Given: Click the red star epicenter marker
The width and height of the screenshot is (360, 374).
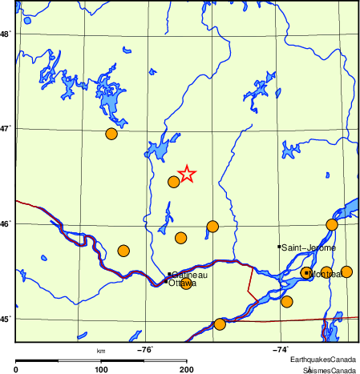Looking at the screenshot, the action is [186, 174].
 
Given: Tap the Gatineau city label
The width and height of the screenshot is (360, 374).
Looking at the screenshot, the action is [189, 275].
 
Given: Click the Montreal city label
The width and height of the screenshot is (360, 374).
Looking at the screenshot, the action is [326, 274].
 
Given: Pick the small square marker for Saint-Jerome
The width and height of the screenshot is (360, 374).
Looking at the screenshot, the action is [279, 247].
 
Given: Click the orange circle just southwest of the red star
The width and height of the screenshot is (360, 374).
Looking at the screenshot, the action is [173, 182].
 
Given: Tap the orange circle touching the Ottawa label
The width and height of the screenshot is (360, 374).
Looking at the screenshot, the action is [187, 283].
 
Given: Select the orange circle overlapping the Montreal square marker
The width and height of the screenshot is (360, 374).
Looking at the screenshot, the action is [305, 273].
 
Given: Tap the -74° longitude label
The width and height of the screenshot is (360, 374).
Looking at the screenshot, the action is [281, 348].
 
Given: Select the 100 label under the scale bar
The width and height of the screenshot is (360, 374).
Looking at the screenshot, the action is [101, 369].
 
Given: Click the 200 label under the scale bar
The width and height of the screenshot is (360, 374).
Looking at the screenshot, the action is [187, 369].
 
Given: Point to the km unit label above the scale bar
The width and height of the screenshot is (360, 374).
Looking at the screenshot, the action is [101, 350].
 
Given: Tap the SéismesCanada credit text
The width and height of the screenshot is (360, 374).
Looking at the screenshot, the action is [329, 369].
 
